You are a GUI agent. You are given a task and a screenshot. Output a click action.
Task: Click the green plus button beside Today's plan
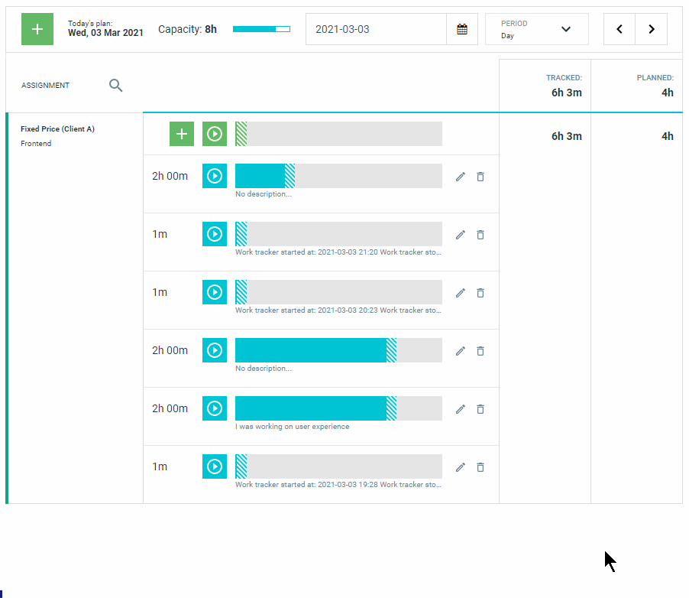(x=37, y=29)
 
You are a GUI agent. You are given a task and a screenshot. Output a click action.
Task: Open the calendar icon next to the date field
(x=462, y=29)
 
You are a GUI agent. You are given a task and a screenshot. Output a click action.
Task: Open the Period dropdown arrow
(x=566, y=29)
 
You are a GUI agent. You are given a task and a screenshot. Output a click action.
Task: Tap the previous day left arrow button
(x=619, y=29)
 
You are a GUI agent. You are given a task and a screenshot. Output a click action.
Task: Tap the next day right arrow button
(x=652, y=29)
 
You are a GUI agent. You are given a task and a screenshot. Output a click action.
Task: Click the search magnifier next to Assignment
(x=115, y=86)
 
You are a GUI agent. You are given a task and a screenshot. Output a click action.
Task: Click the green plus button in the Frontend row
(x=182, y=134)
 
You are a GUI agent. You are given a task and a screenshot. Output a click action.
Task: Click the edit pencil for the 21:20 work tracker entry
(x=460, y=235)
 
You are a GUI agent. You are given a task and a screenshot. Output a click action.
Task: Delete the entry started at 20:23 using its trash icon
(x=480, y=293)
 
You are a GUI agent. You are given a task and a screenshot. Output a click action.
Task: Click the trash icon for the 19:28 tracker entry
(x=480, y=467)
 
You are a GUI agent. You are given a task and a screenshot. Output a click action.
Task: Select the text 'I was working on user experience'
(x=293, y=427)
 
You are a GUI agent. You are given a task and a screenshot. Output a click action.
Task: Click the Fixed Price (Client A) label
(x=57, y=129)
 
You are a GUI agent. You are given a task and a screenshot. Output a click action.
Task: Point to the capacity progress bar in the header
(x=261, y=29)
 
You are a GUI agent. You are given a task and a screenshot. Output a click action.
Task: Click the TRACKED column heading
(x=564, y=78)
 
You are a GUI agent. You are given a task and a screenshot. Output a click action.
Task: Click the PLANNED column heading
(x=655, y=78)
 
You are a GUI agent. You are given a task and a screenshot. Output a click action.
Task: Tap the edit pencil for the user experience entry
(x=460, y=409)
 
